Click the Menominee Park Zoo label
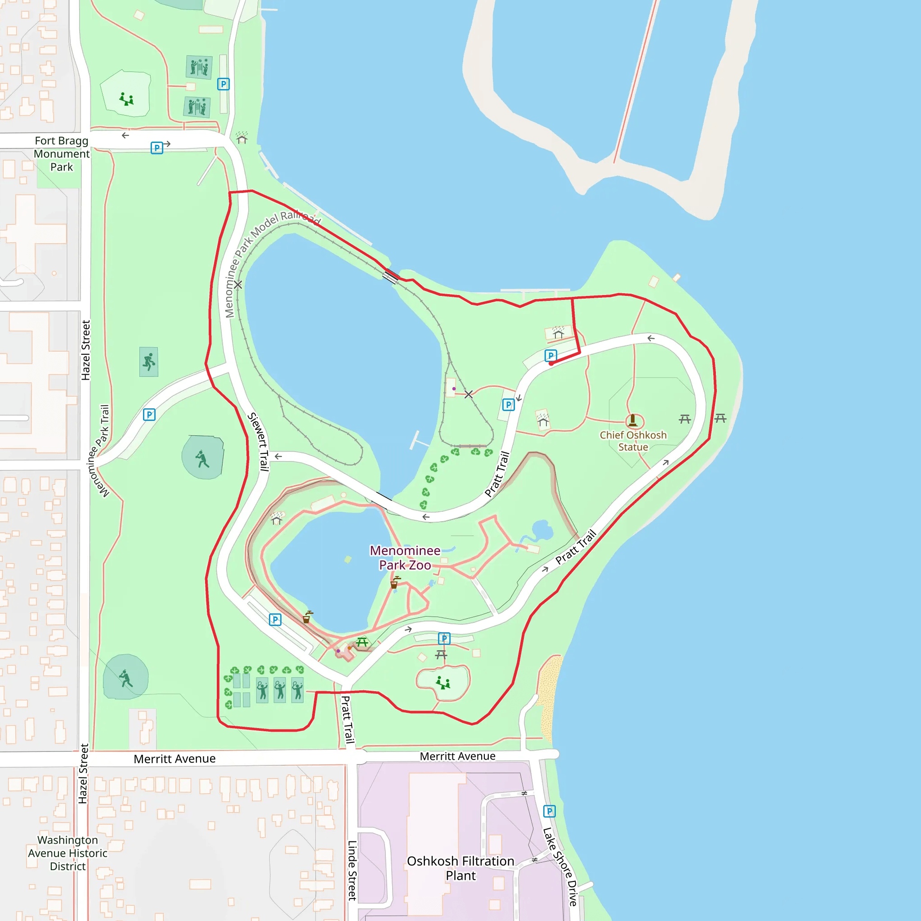point(405,558)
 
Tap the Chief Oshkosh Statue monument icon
point(633,420)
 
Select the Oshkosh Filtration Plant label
point(460,868)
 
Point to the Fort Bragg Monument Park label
point(62,153)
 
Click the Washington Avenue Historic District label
point(68,853)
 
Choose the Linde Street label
point(352,871)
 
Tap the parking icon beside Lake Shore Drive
point(549,811)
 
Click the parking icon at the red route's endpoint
point(550,356)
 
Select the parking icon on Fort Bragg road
point(156,148)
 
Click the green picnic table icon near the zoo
point(362,642)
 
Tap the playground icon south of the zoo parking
point(443,683)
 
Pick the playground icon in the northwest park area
point(126,99)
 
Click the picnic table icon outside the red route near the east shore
point(720,418)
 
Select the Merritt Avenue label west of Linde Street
point(174,759)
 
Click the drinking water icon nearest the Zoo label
point(394,582)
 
